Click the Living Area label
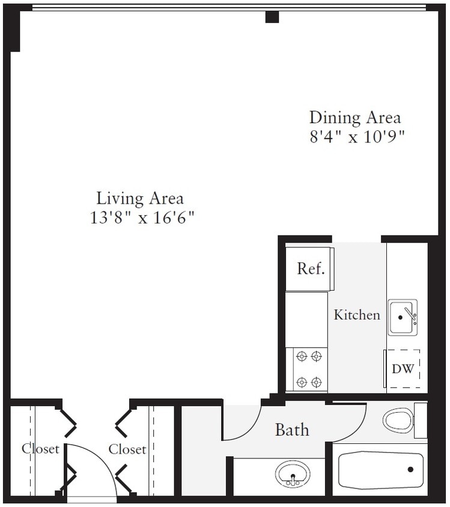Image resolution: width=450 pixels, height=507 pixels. pyautogui.click(x=140, y=198)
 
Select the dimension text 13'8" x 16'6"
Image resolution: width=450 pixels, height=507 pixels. pyautogui.click(x=142, y=217)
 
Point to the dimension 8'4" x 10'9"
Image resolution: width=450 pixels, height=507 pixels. pyautogui.click(x=356, y=136)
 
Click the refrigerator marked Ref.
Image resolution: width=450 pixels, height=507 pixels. pyautogui.click(x=307, y=268)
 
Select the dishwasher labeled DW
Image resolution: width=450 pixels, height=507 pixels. pyautogui.click(x=403, y=369)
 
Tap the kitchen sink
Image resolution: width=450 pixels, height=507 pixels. pyautogui.click(x=403, y=317)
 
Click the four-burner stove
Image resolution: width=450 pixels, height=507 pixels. pyautogui.click(x=309, y=368)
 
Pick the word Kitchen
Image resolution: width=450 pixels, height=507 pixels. pyautogui.click(x=357, y=314)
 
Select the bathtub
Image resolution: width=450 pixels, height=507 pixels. pyautogui.click(x=380, y=470)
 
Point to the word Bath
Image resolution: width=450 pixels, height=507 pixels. pyautogui.click(x=292, y=430)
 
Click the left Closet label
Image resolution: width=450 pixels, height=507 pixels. pyautogui.click(x=40, y=449)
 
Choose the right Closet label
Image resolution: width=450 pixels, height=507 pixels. pyautogui.click(x=127, y=449)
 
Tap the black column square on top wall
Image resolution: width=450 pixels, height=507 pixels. pyautogui.click(x=272, y=17)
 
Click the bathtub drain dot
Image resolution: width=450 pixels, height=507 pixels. pyautogui.click(x=412, y=470)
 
